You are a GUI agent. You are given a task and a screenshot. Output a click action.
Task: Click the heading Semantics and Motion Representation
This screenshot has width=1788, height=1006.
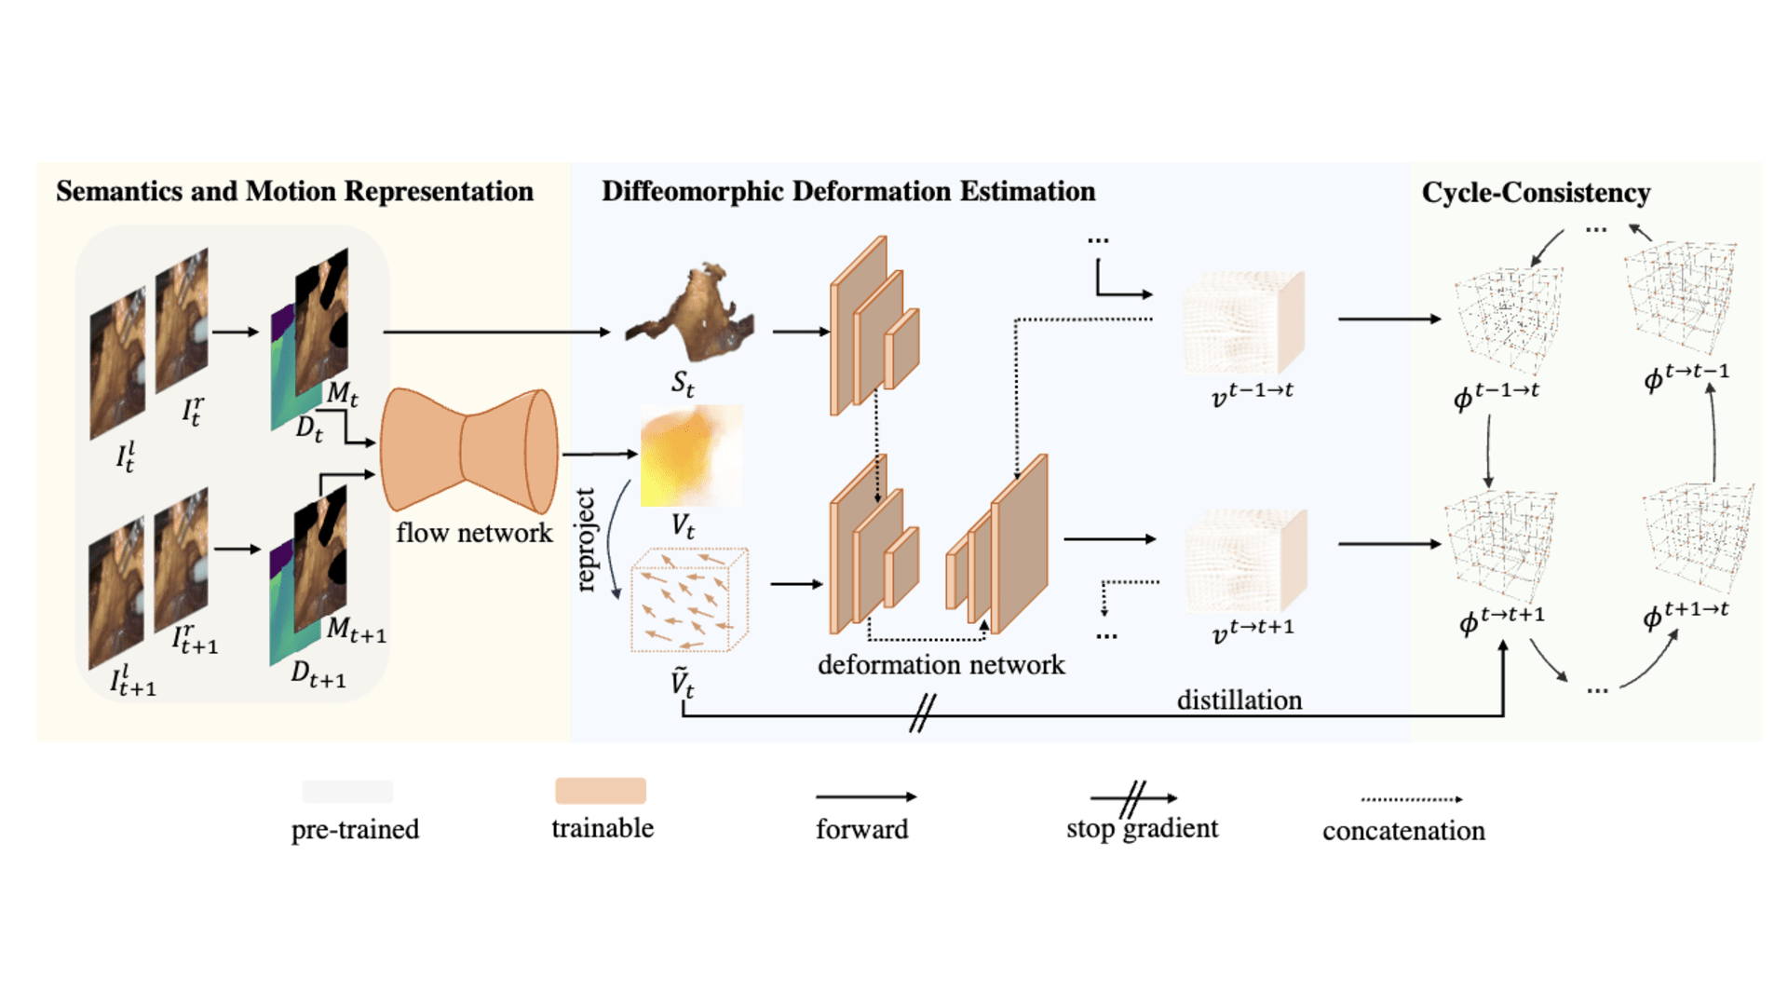point(294,191)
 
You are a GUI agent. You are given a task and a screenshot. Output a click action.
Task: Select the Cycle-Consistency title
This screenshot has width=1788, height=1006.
point(1536,193)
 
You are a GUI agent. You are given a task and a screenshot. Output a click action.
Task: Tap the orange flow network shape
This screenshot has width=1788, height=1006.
point(468,451)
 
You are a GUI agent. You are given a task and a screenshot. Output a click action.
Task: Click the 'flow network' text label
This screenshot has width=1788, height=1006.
point(474,533)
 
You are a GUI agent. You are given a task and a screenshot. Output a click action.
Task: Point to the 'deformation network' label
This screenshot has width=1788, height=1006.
point(941,665)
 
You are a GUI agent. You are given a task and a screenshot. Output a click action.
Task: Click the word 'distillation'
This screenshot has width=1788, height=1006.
point(1239,700)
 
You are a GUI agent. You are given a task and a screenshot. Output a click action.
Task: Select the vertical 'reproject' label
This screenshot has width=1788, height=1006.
point(585,540)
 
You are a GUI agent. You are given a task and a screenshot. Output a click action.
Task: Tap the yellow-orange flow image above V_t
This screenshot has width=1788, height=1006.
point(691,455)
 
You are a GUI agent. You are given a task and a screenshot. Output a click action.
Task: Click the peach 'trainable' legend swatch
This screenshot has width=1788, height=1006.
point(601,791)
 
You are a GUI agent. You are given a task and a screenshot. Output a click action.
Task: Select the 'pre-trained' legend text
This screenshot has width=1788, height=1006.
point(355,829)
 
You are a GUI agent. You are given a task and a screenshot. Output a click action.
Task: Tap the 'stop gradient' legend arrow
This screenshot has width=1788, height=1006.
point(1133,798)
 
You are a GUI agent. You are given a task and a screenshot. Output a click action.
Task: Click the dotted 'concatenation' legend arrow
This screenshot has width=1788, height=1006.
point(1411,799)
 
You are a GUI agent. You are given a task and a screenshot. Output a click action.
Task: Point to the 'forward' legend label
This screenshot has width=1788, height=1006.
point(861,829)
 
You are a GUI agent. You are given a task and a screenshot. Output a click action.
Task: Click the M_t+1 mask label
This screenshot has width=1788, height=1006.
point(356,631)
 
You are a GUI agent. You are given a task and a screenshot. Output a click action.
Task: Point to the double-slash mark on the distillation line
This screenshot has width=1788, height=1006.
point(922,714)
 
